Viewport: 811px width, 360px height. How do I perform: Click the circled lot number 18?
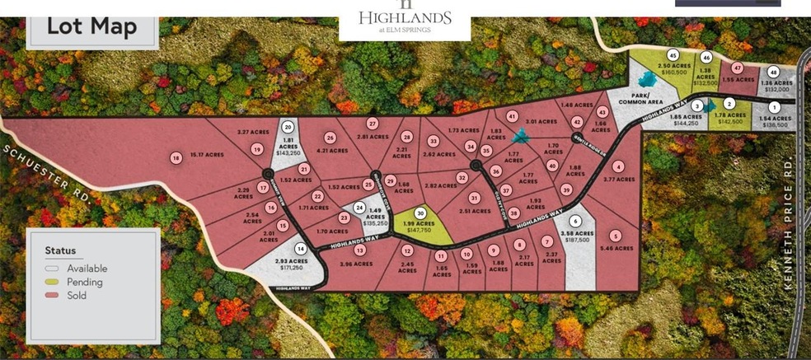[x=176, y=158]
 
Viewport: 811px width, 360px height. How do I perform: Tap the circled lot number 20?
[x=288, y=127]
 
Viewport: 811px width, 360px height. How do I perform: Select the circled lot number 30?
[x=420, y=213]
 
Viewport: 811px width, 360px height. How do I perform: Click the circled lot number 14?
[x=301, y=248]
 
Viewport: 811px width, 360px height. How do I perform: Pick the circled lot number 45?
[x=673, y=55]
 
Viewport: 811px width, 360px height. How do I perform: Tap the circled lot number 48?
[x=773, y=72]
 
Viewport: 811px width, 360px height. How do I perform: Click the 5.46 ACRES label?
[x=617, y=247]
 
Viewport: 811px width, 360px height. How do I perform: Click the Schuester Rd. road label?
[x=45, y=171]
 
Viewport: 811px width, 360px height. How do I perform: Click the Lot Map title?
[x=91, y=26]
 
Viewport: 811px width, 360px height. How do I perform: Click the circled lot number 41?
[x=512, y=116]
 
